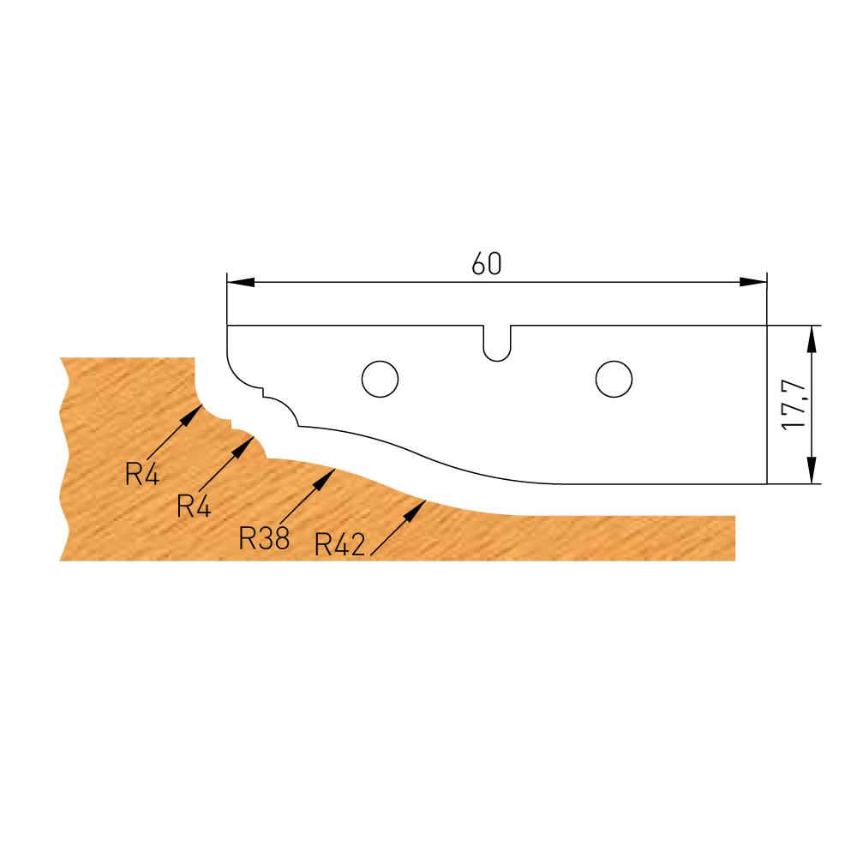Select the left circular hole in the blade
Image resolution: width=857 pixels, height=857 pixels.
[x=380, y=378]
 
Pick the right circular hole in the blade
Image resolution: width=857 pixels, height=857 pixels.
[x=614, y=378]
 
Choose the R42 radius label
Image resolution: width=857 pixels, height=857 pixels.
[x=341, y=544]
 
